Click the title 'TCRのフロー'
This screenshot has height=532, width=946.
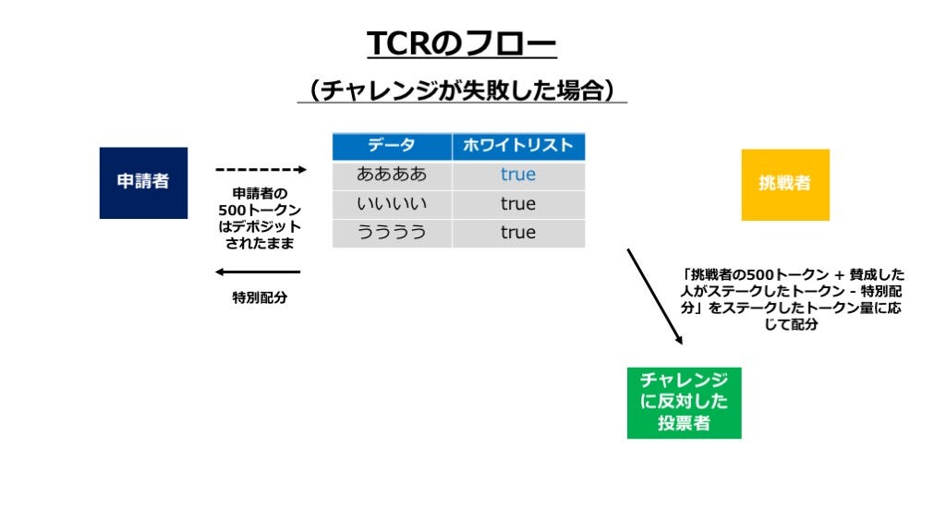(462, 43)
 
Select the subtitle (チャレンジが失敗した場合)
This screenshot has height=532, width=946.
(462, 91)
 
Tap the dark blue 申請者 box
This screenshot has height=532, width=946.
(143, 183)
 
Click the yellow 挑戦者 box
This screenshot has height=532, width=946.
(785, 185)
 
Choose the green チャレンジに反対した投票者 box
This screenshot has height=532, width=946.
(685, 403)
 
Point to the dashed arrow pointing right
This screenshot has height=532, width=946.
(261, 170)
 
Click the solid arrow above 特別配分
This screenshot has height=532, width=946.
(258, 272)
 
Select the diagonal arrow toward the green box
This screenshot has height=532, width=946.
(655, 296)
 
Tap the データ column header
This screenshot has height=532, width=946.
(392, 146)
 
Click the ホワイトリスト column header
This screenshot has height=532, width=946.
(518, 146)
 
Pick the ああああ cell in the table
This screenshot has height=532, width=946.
(392, 175)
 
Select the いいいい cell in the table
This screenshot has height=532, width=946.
(392, 204)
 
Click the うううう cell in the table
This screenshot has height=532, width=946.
(392, 233)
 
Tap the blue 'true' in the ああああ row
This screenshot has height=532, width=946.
(518, 175)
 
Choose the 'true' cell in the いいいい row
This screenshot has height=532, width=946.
(518, 204)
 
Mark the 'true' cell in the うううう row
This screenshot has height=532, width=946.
(518, 233)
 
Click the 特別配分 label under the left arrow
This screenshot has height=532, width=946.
(260, 297)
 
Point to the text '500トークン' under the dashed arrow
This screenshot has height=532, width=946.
(260, 210)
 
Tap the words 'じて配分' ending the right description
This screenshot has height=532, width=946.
(791, 324)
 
